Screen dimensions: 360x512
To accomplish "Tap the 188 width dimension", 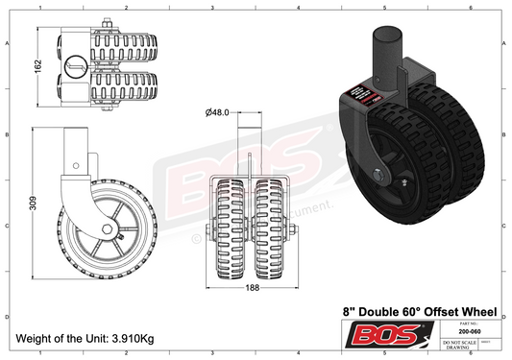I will pyautogui.click(x=251, y=285).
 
